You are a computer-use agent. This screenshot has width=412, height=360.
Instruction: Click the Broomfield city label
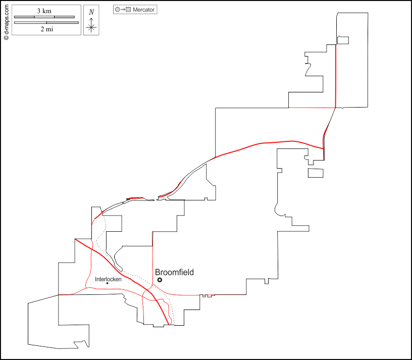[x=174, y=273]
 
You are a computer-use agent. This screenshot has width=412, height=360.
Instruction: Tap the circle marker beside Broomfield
[x=160, y=280]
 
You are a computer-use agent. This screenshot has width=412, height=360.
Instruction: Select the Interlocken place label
[x=109, y=279]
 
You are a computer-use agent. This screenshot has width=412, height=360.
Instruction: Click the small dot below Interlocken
[x=108, y=283]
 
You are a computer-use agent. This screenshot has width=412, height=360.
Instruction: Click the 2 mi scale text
[x=46, y=29]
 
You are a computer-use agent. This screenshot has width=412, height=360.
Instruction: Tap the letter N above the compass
[x=91, y=12]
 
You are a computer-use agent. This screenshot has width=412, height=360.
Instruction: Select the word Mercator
[x=144, y=10]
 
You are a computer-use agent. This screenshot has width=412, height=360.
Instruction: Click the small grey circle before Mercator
[x=118, y=10]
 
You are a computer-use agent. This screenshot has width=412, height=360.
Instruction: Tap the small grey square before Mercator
[x=129, y=10]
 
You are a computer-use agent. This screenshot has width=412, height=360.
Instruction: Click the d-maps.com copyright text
[x=6, y=20]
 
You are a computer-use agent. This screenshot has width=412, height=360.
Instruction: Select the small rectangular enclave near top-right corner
[x=343, y=40]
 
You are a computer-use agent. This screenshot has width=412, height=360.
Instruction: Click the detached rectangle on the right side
[x=315, y=173]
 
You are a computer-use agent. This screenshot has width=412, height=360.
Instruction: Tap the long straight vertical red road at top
[x=336, y=76]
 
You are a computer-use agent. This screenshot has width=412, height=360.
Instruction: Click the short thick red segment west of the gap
[x=134, y=198]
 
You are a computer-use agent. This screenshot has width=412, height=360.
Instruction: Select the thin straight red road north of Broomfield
[x=152, y=252]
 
